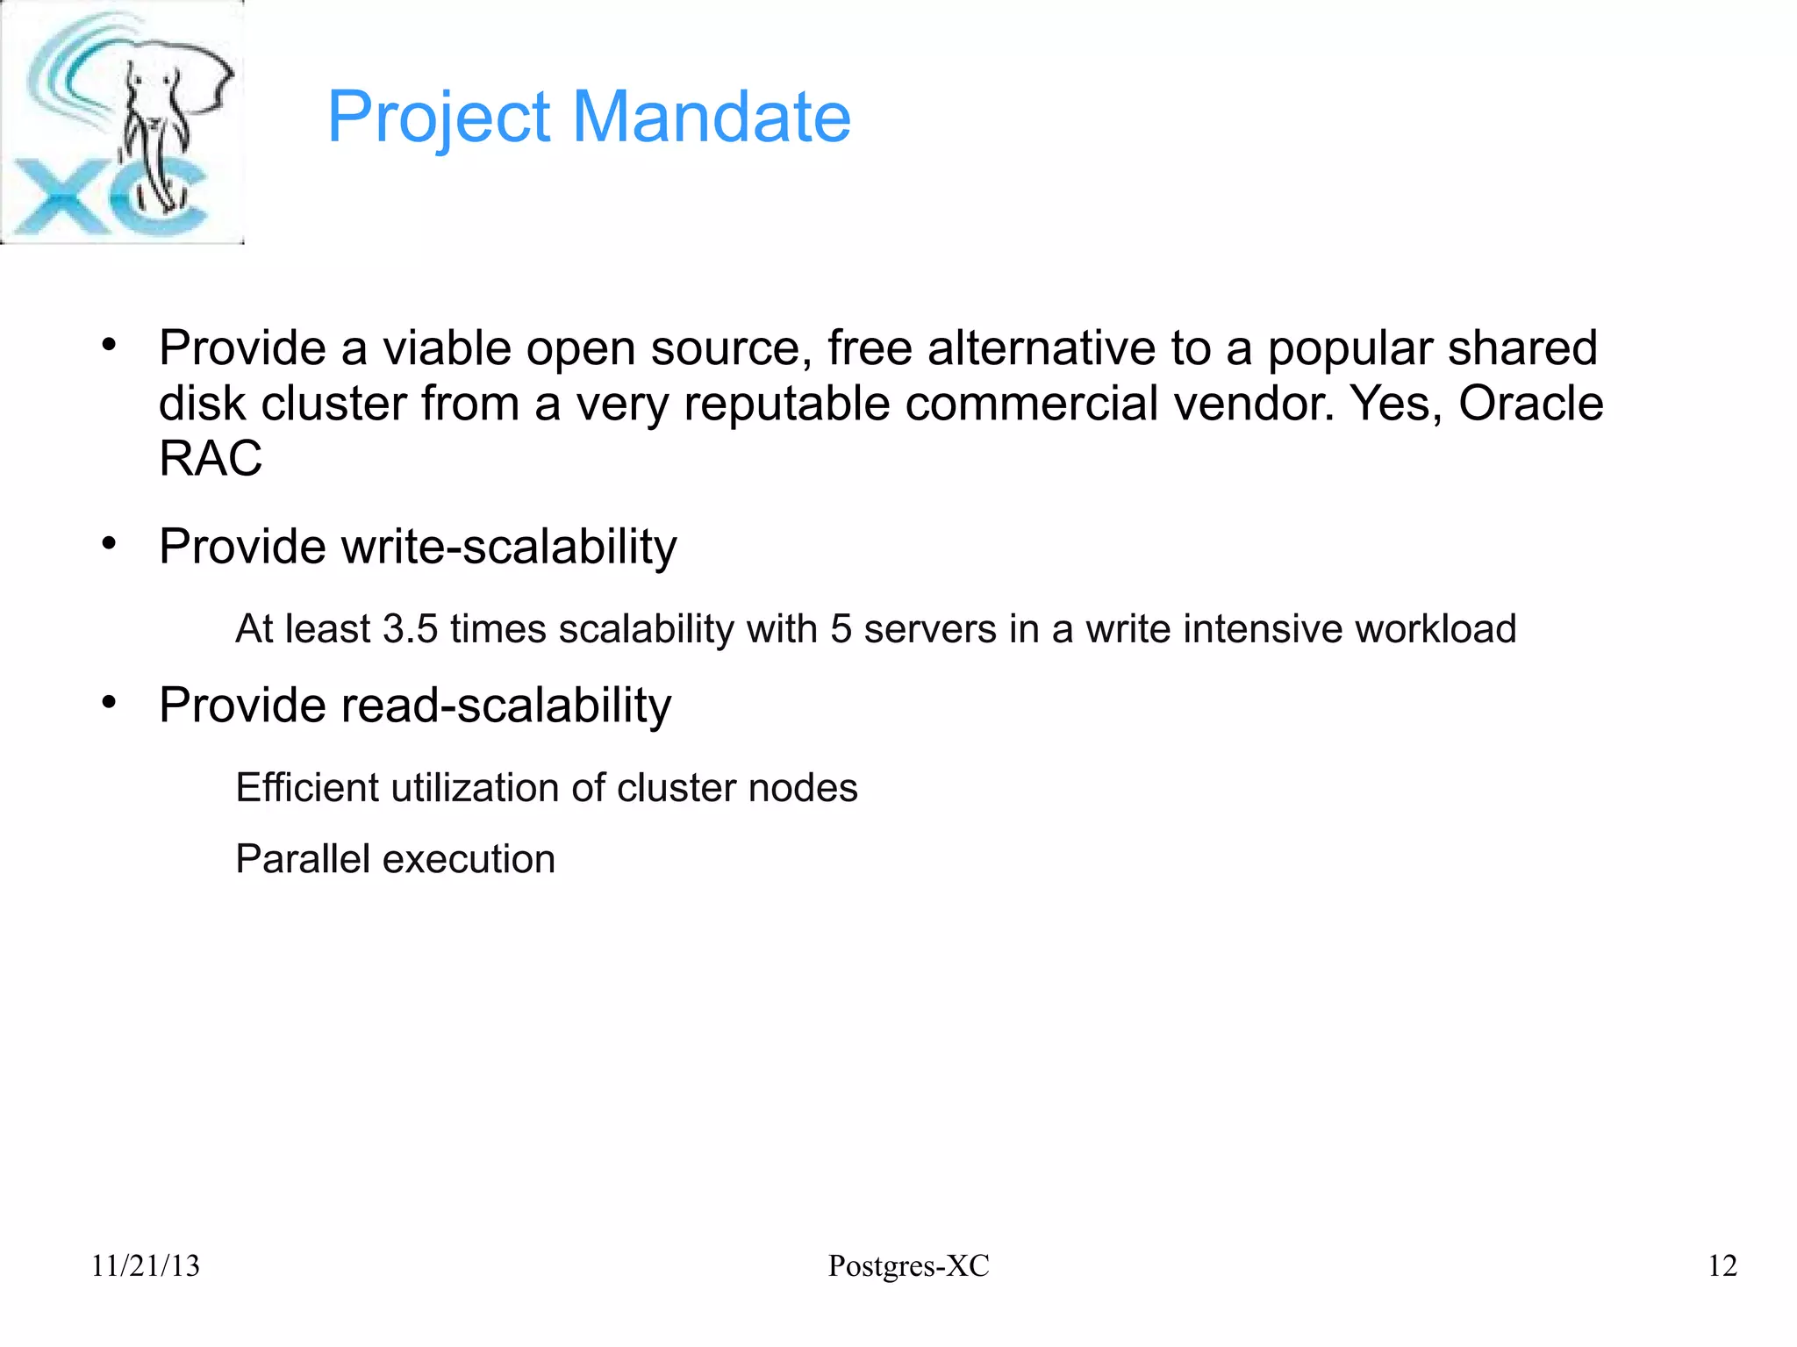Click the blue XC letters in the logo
105,200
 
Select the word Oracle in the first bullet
1530,404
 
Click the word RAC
211,458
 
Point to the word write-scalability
509,548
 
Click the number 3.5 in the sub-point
411,629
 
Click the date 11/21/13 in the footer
146,1265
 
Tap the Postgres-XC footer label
908,1265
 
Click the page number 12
1722,1265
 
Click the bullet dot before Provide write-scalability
109,544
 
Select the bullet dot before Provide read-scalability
109,703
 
